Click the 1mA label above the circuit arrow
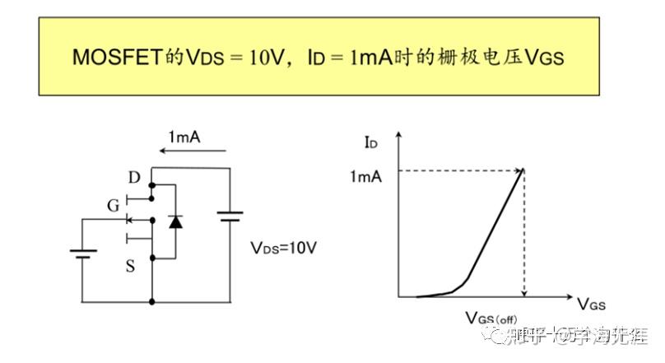point(184,137)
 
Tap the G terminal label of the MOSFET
point(113,204)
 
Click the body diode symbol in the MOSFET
point(174,221)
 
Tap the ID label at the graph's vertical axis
point(372,143)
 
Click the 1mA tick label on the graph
point(365,175)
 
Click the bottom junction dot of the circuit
point(152,302)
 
